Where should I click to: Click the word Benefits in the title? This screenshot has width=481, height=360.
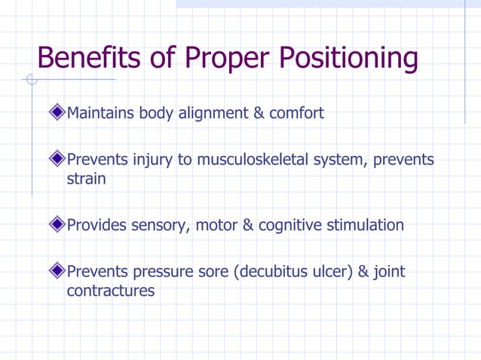(x=90, y=58)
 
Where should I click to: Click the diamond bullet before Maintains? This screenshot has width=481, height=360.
(x=57, y=114)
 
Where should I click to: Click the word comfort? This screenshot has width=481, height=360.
(x=297, y=114)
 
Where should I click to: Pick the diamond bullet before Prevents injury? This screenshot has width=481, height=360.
(x=57, y=160)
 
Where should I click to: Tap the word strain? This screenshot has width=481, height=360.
(x=86, y=179)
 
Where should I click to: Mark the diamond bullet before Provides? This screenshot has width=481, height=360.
(x=57, y=225)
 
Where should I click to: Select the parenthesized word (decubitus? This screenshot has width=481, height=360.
(x=273, y=272)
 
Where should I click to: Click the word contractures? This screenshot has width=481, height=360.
(x=110, y=291)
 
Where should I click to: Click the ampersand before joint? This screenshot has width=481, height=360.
(x=364, y=272)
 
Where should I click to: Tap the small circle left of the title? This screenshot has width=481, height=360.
(x=31, y=79)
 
